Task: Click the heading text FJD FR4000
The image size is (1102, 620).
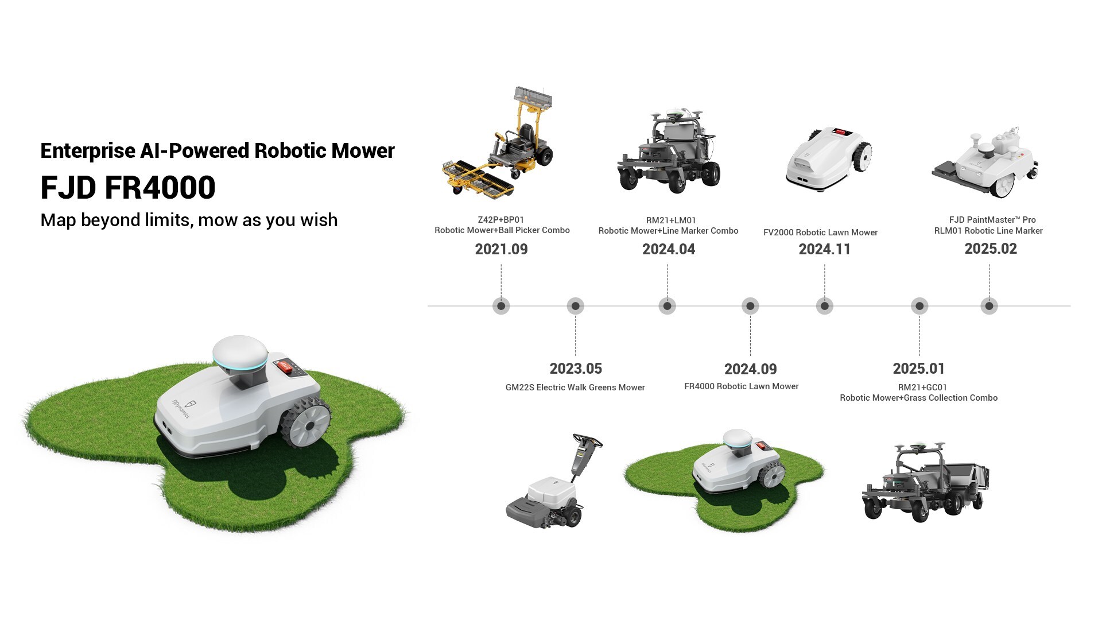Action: point(128,188)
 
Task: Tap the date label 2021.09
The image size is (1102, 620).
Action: point(501,249)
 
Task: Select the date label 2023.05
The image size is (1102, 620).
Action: point(576,369)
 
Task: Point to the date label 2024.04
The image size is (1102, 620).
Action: point(669,249)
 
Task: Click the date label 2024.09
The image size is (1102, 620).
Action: point(751,369)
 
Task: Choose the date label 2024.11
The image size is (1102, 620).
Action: point(825,249)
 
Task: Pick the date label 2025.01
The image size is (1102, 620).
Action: point(919,369)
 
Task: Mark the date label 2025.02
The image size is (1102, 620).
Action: point(991,249)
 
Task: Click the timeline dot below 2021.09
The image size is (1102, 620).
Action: point(501,306)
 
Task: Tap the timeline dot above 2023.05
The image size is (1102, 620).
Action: point(575,306)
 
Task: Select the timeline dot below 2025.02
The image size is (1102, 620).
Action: point(989,306)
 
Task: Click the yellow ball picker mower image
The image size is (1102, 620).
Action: point(498,142)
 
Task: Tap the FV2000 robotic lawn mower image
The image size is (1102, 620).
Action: point(828,158)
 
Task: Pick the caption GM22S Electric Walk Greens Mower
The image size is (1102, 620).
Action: point(575,387)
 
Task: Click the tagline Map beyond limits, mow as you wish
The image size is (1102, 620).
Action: point(189,220)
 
